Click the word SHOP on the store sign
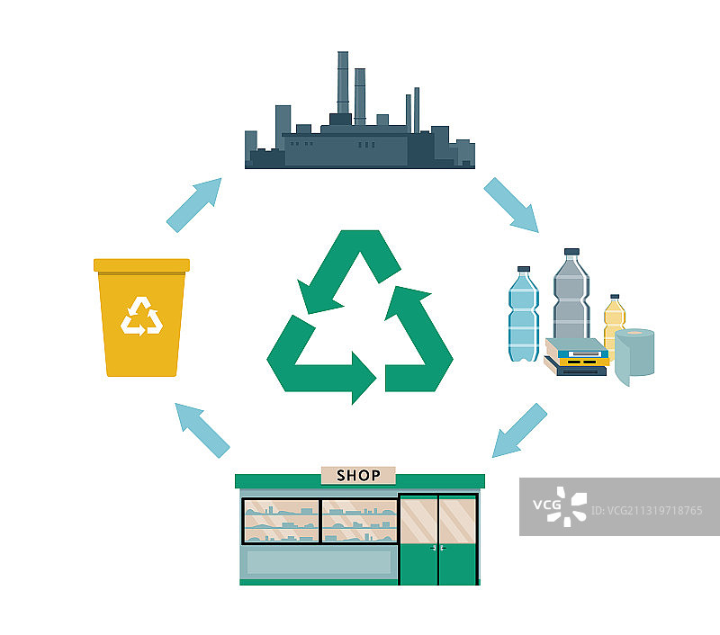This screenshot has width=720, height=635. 357,475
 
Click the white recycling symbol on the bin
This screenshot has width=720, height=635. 142,316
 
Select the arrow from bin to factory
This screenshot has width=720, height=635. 193,205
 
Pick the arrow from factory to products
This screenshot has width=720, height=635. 511,205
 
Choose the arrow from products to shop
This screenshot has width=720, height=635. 520,431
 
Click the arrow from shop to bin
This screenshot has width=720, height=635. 202,430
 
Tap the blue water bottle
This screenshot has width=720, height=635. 523,315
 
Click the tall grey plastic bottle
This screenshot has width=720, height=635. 571,297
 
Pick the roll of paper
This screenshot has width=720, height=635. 634,355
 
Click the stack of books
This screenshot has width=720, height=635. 576,357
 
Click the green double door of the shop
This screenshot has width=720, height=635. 437,540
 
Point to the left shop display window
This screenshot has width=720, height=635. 281,521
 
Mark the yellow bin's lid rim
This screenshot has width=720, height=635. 142,265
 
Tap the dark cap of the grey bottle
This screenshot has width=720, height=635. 571,253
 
